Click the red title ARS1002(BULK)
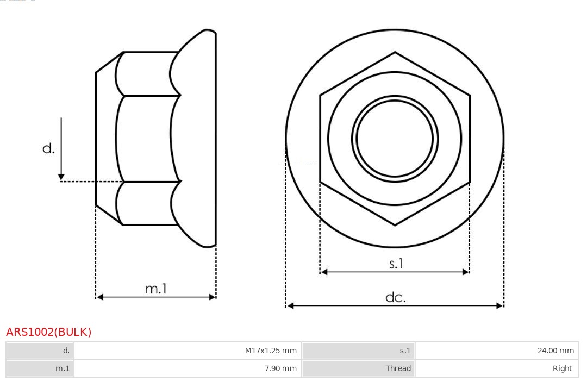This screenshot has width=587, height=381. tap(49, 332)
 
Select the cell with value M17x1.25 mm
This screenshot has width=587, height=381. tap(188, 351)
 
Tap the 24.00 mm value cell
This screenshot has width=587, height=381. tap(497, 351)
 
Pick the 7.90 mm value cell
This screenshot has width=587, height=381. tap(188, 368)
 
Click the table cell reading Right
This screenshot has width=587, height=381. tap(497, 368)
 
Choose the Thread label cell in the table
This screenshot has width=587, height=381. tap(358, 368)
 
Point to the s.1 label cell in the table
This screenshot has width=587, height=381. tap(358, 351)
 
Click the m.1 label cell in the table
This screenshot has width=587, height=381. tap(40, 368)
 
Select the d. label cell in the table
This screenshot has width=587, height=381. tap(40, 351)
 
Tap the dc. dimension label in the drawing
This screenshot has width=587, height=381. tap(396, 297)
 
